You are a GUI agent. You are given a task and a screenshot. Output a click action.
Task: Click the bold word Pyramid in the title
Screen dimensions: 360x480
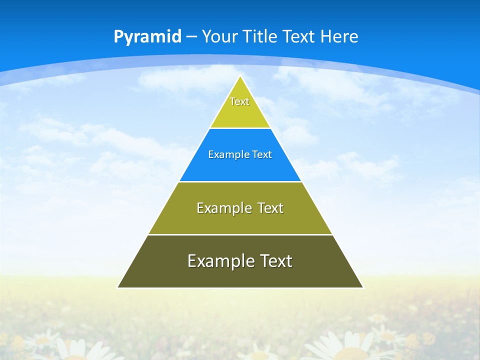coord(147,37)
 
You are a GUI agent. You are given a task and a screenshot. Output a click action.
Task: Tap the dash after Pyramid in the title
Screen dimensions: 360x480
coord(191,37)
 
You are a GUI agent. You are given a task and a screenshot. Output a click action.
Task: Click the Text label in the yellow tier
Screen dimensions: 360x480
coord(239,101)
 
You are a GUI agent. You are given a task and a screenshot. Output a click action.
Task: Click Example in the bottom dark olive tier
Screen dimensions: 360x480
coord(219,261)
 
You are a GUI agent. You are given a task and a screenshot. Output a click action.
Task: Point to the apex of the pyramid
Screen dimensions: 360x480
coord(240,76)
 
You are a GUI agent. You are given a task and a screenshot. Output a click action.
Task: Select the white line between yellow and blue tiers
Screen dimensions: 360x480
coord(240,128)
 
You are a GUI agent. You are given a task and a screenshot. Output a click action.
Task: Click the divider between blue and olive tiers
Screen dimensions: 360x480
coord(240,181)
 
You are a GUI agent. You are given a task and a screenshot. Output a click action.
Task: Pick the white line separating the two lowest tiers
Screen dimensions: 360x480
coord(240,234)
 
